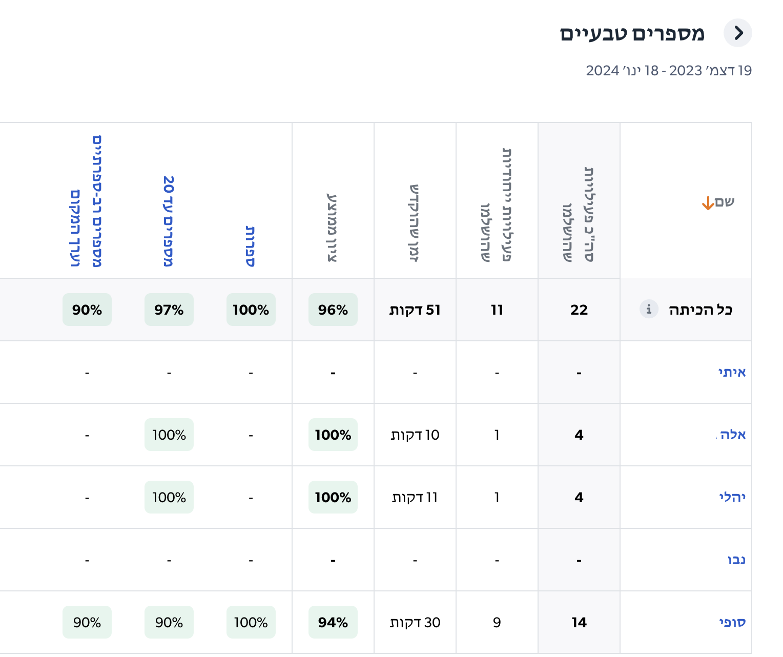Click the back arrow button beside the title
click(x=737, y=33)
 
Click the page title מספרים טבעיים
click(x=632, y=34)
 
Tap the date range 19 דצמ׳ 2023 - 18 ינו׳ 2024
click(x=669, y=71)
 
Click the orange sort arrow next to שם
click(x=708, y=203)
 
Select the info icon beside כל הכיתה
click(x=649, y=309)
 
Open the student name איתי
click(x=732, y=372)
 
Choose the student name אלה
click(x=733, y=435)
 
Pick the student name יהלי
click(x=732, y=497)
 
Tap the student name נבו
click(x=736, y=560)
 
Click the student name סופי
click(x=732, y=622)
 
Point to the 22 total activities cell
click(x=579, y=310)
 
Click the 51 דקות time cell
click(x=415, y=310)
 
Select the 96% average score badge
click(x=333, y=310)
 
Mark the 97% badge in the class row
click(x=169, y=310)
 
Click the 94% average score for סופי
click(x=333, y=622)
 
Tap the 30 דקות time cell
click(x=415, y=622)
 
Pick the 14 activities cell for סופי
click(x=579, y=622)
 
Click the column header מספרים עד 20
click(x=169, y=221)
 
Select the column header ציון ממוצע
click(x=332, y=228)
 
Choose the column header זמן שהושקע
click(x=414, y=223)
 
